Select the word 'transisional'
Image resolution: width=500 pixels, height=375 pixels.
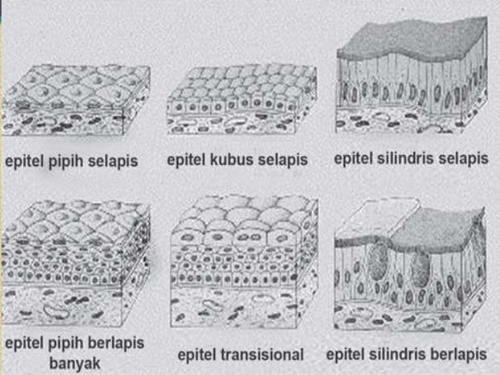tap(266, 355)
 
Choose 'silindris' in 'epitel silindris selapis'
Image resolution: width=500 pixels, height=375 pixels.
tap(402, 159)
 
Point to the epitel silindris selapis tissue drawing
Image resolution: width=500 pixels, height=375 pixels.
tap(411, 82)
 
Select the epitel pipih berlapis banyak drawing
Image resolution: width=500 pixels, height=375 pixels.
tap(75, 262)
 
